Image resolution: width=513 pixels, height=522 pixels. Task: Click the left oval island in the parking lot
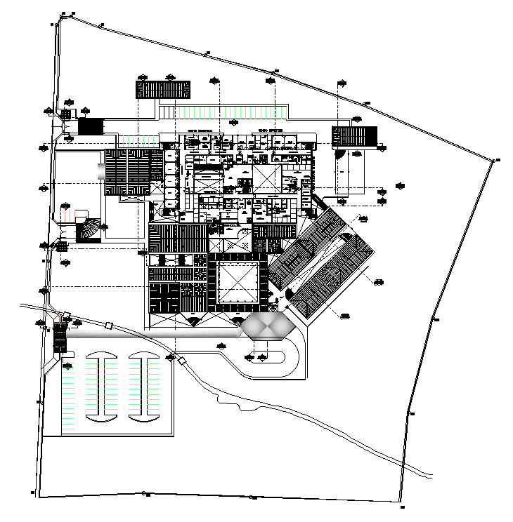click(101, 388)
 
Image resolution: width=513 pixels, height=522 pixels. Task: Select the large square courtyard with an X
click(238, 283)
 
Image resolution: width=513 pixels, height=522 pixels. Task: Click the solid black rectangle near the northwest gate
click(91, 126)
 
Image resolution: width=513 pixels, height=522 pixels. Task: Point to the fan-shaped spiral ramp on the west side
click(89, 229)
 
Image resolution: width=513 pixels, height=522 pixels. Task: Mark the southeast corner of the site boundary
click(401, 507)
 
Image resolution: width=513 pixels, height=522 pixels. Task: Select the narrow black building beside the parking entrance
click(60, 337)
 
